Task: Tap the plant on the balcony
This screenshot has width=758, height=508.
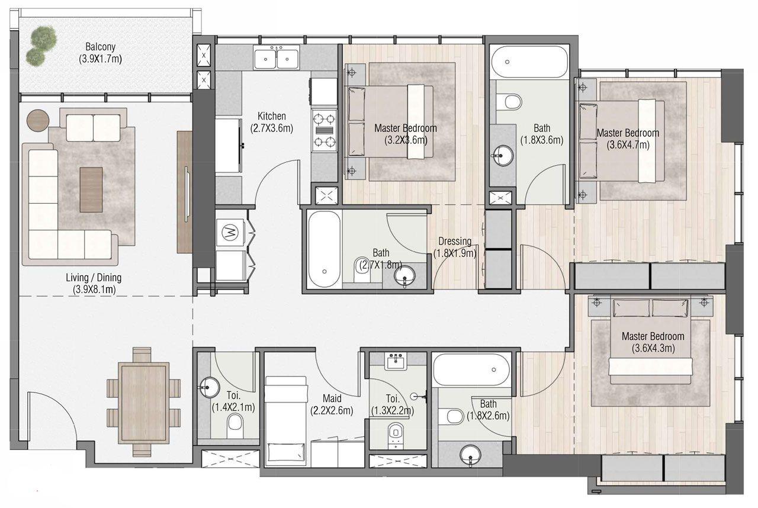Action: pos(40,46)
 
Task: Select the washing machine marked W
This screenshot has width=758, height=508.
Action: pos(229,233)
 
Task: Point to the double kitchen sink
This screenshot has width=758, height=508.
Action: pos(277,58)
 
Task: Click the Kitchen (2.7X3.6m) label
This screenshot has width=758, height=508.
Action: pos(272,121)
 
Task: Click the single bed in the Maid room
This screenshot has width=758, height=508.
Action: pos(286,420)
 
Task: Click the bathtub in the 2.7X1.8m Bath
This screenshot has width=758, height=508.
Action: pos(324,249)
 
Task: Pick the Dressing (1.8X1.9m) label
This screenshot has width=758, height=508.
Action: pos(455,247)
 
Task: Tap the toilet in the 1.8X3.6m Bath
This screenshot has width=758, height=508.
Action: pos(510,102)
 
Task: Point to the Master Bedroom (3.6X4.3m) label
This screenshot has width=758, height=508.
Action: pos(653,342)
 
